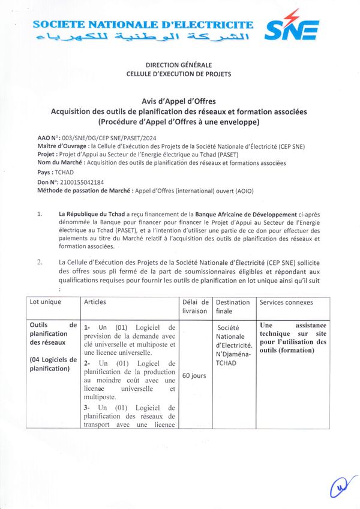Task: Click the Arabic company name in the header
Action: tap(143, 39)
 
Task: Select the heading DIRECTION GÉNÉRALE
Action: tap(179, 65)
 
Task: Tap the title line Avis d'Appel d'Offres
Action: tap(179, 101)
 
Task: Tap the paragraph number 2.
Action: tap(40, 262)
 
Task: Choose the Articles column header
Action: tap(95, 302)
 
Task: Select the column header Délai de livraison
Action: tap(195, 306)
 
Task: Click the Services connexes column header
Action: tap(286, 302)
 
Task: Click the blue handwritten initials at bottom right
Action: tap(340, 488)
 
